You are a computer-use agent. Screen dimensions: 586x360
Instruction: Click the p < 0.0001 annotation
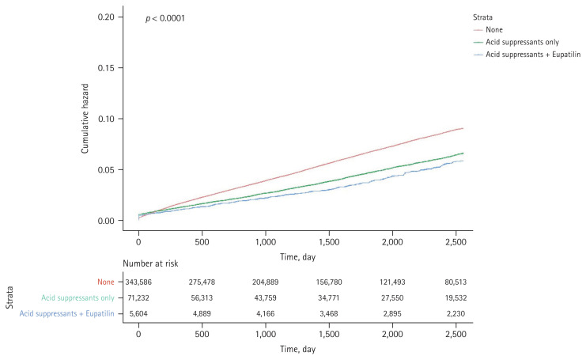click(165, 18)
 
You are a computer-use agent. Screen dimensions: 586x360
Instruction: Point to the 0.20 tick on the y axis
click(106, 17)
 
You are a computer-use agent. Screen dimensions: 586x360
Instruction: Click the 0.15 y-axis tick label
click(106, 68)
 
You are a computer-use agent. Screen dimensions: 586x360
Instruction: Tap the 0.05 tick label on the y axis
click(106, 170)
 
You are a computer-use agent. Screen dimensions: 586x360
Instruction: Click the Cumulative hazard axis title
click(85, 119)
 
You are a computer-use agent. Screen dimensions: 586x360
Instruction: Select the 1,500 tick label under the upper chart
click(329, 242)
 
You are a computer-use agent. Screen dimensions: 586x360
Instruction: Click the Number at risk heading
click(150, 263)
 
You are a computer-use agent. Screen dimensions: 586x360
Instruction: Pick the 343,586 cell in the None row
click(138, 282)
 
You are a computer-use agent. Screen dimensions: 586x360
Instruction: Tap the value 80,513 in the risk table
click(456, 282)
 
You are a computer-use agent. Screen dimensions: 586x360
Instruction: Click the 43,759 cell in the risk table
click(266, 298)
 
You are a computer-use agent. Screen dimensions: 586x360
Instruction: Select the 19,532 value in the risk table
click(456, 298)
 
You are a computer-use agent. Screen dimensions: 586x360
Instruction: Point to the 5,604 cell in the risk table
click(138, 313)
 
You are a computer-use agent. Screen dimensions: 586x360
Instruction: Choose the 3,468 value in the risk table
click(329, 313)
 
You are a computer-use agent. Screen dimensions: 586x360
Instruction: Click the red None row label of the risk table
click(106, 282)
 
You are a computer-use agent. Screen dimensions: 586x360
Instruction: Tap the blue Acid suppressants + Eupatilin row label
click(67, 313)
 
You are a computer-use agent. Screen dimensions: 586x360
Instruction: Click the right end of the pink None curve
click(463, 128)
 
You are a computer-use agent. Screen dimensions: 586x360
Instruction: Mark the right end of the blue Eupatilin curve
click(463, 161)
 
